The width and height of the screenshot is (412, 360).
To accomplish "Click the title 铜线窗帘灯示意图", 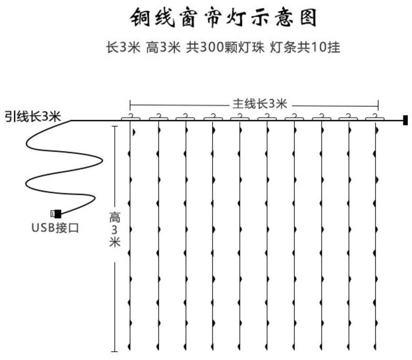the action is [224, 19].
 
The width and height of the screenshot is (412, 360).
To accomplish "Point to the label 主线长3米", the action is [260, 104].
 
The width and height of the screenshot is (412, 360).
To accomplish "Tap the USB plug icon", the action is [56, 214].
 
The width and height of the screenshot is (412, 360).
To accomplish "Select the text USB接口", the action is [55, 228].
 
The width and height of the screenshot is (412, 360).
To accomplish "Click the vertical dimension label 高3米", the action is [115, 230].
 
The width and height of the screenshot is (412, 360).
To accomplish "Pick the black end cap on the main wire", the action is [405, 120].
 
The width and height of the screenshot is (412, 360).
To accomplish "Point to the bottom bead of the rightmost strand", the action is [377, 346].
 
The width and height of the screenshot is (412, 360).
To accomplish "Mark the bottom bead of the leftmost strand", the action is [129, 346].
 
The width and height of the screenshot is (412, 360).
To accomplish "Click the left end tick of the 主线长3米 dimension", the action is [130, 105].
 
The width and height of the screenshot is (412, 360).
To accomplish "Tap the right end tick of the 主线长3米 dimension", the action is [378, 105].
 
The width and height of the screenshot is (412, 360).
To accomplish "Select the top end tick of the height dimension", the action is [115, 127].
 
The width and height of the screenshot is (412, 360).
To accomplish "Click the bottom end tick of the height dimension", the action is [115, 351].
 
